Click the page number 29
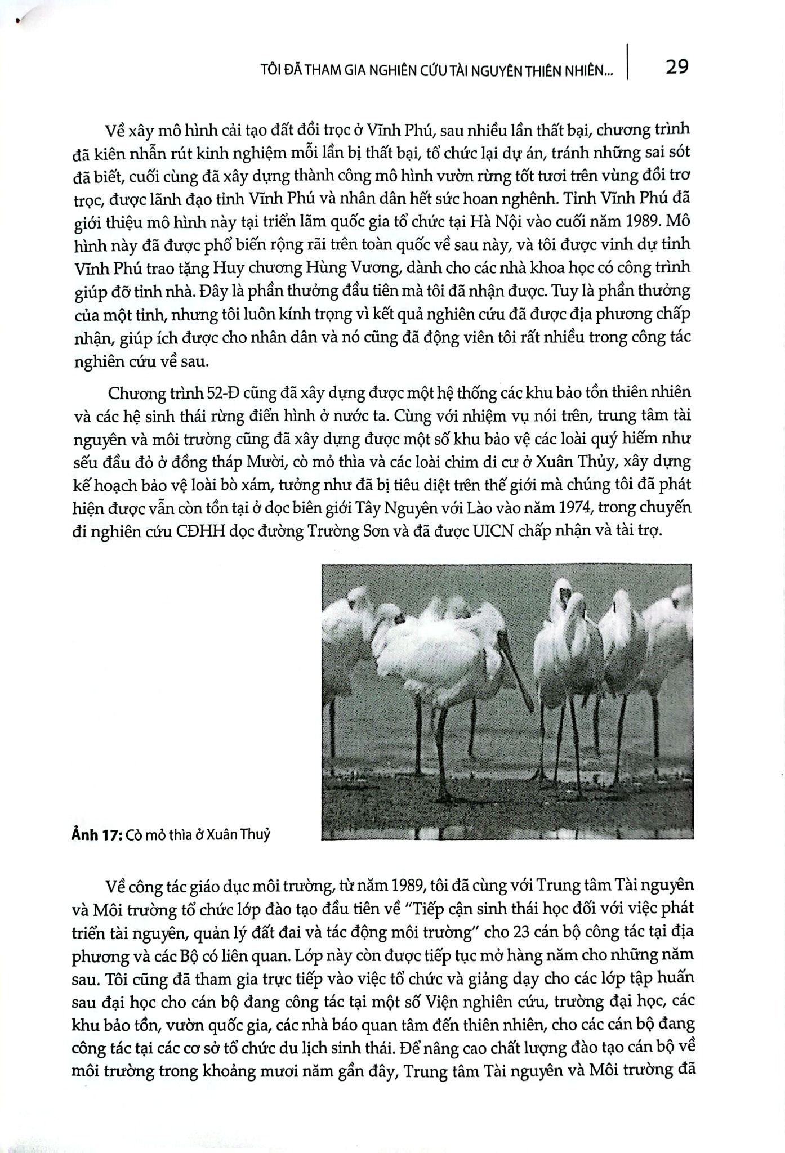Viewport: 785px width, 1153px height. (x=676, y=67)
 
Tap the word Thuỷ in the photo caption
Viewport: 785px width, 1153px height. (x=255, y=835)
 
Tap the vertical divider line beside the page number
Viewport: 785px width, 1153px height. (x=627, y=62)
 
